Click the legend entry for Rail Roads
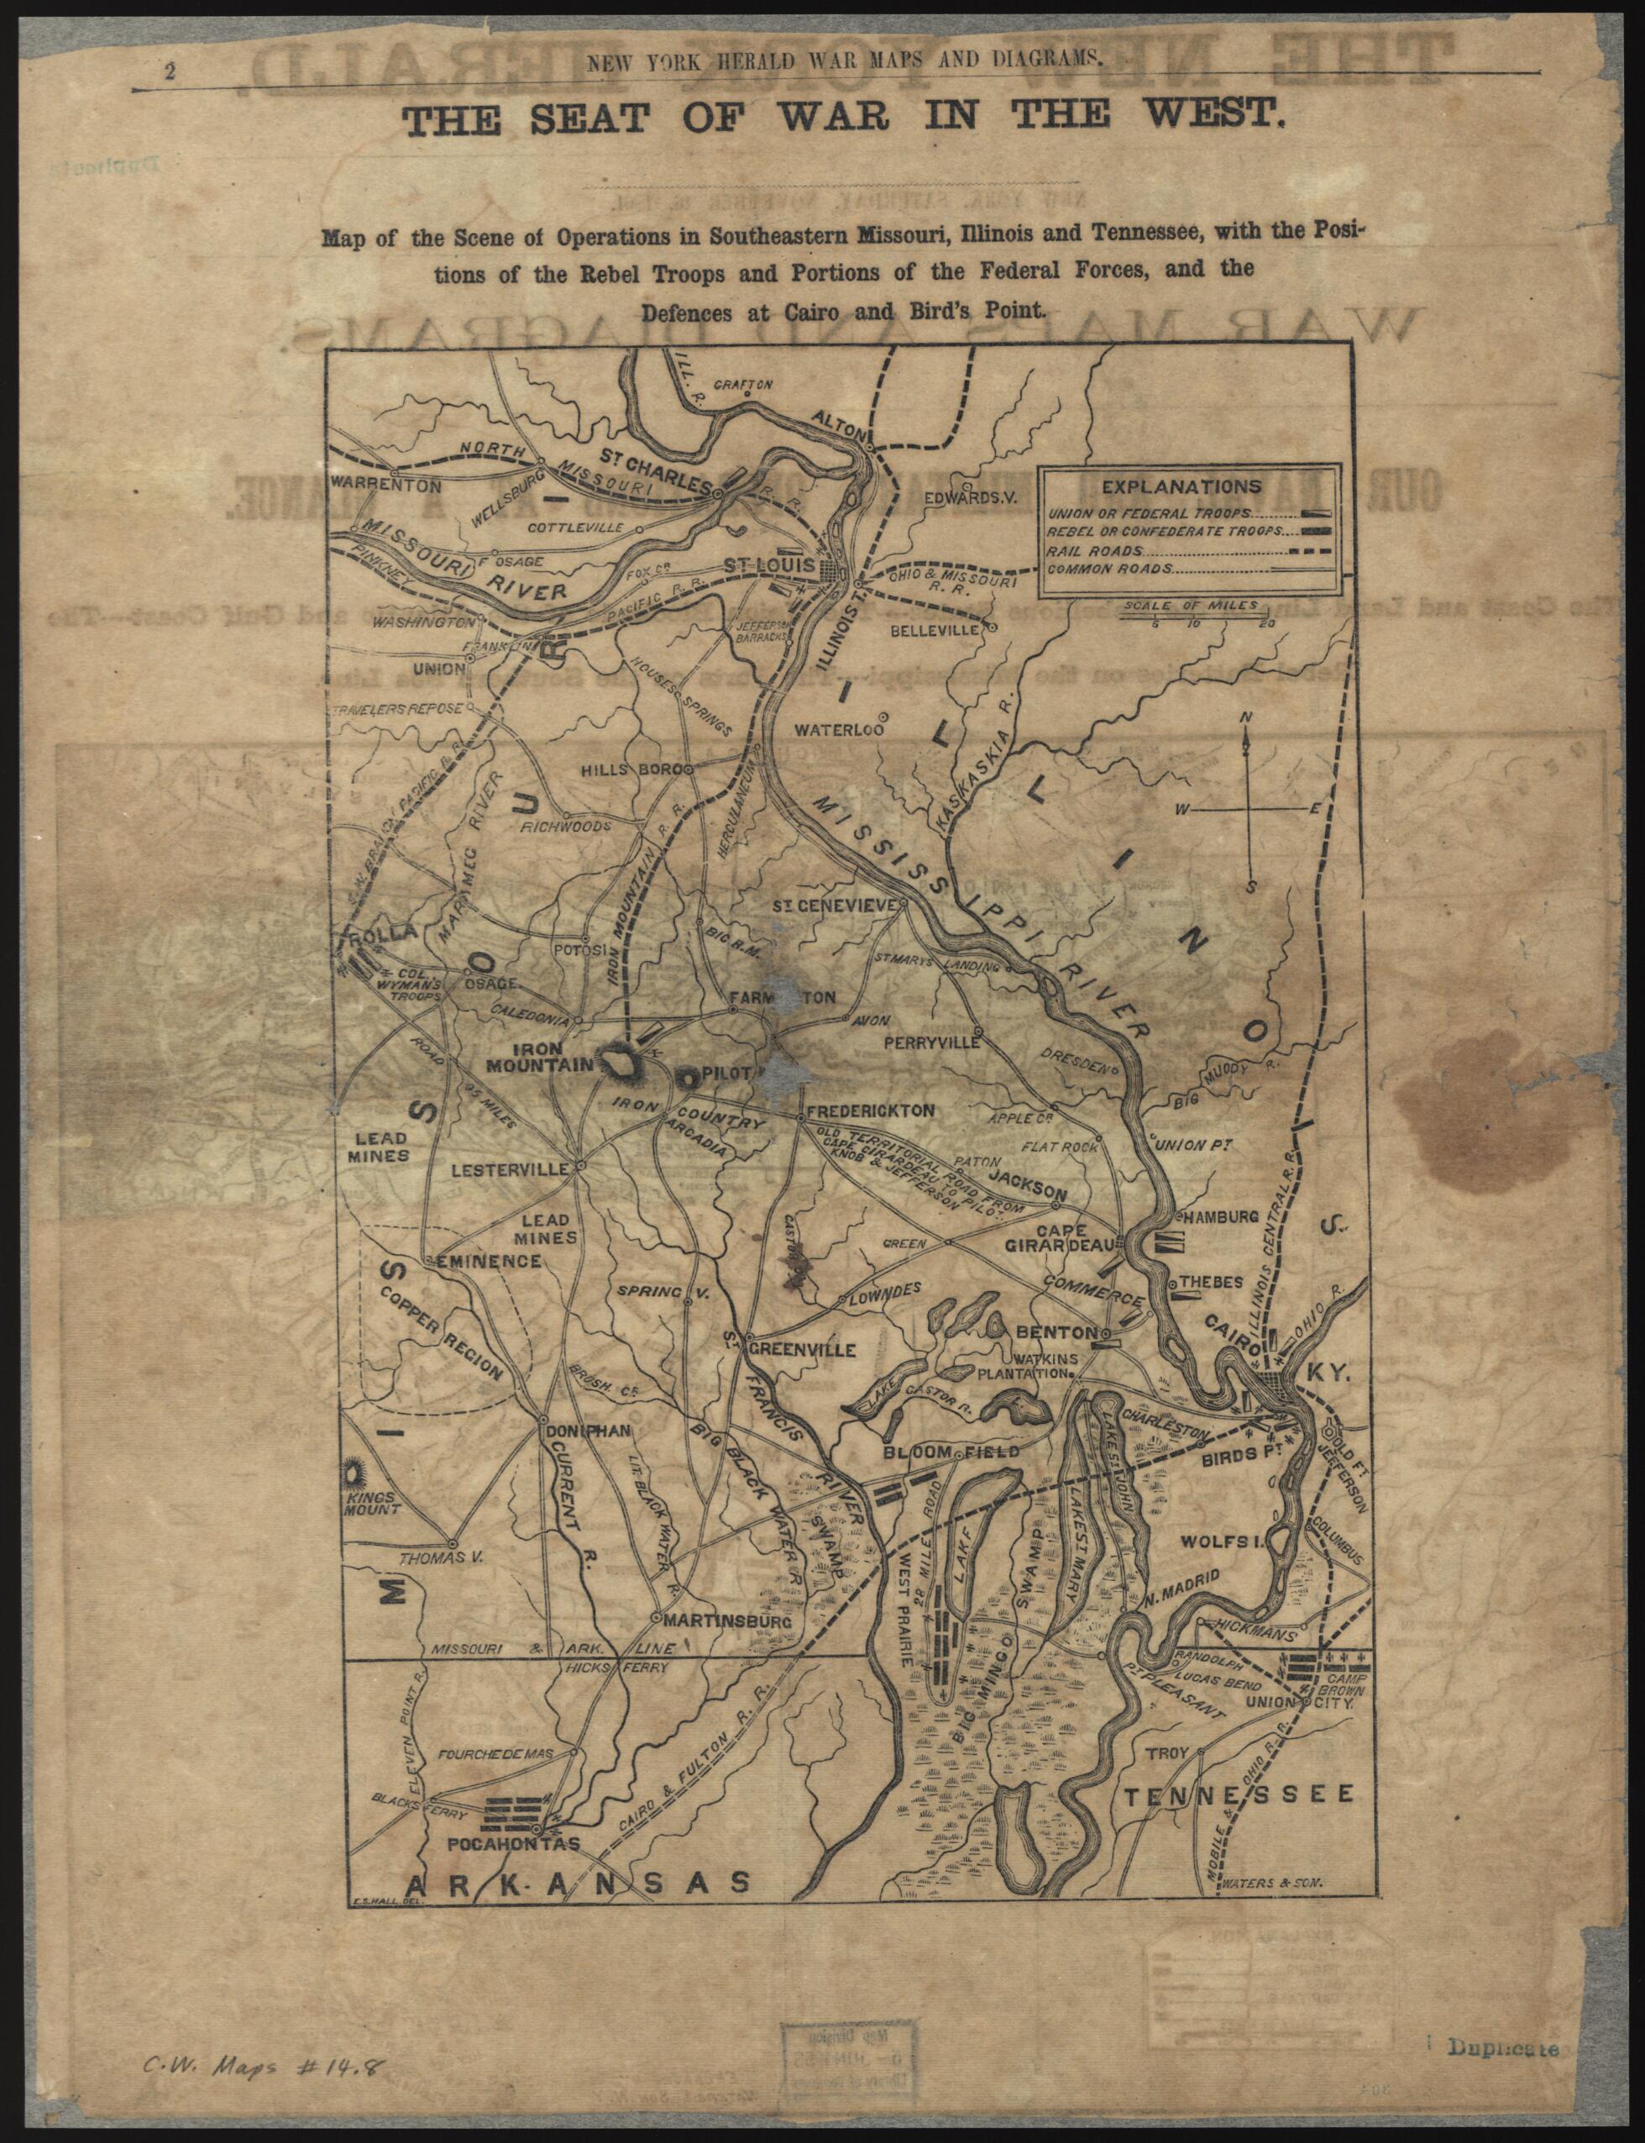pos(1083,549)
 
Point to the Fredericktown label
pos(871,1111)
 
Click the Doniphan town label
pos(589,1429)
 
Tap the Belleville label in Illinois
pos(933,630)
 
